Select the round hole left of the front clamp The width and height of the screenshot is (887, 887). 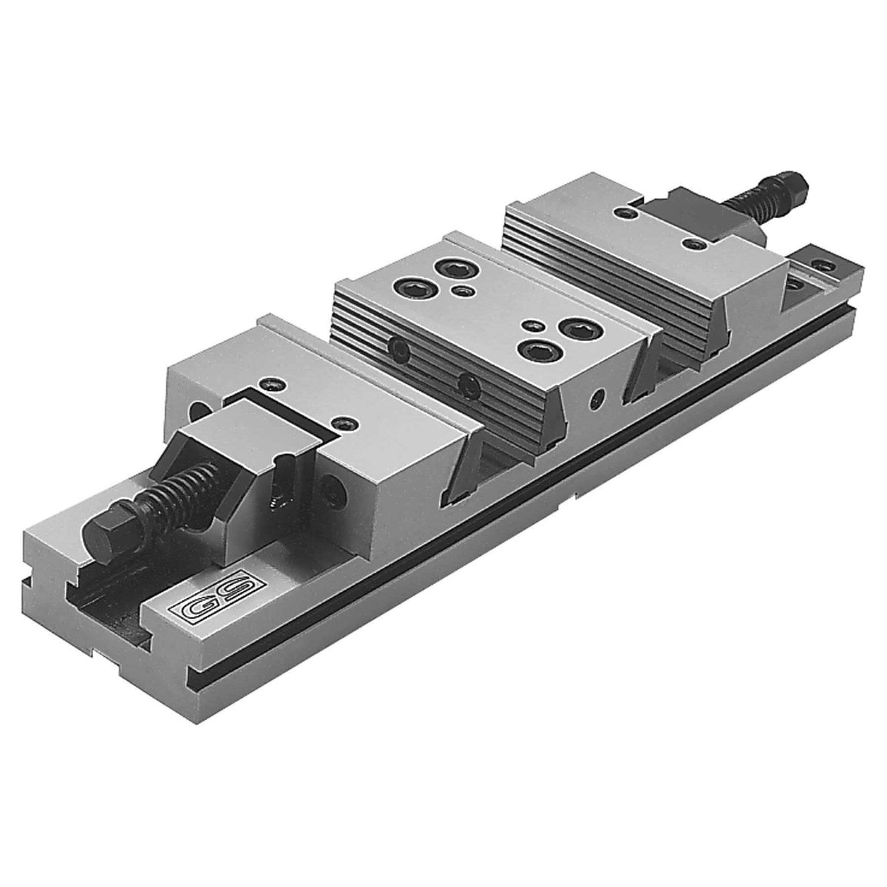point(198,409)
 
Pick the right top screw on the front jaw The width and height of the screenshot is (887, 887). point(344,424)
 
